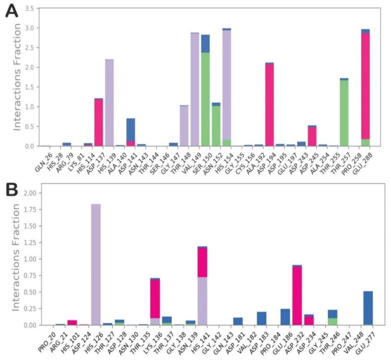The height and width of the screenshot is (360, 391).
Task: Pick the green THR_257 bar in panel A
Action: tap(343, 113)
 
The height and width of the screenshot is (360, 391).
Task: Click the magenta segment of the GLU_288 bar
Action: tap(365, 85)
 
